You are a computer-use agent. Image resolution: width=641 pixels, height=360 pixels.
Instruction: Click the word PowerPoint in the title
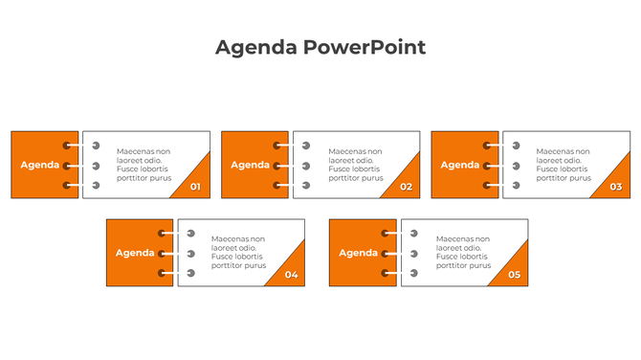click(365, 47)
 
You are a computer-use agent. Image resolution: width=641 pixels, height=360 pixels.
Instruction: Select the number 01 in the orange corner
click(195, 187)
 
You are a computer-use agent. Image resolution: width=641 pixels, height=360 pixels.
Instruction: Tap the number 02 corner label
click(406, 187)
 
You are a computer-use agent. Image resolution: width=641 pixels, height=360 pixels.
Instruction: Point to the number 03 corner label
click(615, 187)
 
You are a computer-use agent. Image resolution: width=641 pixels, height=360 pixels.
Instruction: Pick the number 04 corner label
click(291, 275)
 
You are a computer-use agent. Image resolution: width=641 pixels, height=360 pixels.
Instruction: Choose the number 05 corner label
click(514, 275)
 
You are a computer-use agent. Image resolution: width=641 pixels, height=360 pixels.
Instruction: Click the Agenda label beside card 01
click(40, 165)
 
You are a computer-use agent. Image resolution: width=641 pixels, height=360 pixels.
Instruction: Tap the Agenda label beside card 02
click(250, 165)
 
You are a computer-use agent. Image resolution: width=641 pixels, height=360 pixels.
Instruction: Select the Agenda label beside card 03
click(460, 165)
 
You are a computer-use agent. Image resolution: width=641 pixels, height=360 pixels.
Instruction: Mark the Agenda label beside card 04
click(135, 253)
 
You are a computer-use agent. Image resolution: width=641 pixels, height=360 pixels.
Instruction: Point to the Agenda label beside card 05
click(359, 253)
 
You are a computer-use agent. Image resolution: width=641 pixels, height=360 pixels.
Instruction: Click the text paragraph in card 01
click(144, 165)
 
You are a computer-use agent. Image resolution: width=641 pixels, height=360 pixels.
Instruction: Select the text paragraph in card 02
click(356, 165)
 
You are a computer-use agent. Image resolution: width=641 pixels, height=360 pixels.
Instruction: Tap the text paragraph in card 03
click(564, 165)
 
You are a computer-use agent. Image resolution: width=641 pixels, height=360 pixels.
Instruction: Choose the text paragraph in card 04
click(238, 253)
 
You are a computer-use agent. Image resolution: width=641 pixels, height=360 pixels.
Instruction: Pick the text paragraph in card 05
click(464, 253)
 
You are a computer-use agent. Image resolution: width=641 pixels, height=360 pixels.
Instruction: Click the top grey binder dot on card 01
click(96, 146)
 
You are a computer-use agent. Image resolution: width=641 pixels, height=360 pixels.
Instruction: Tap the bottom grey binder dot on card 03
click(516, 185)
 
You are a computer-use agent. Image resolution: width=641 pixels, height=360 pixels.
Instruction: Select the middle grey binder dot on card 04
click(190, 254)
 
